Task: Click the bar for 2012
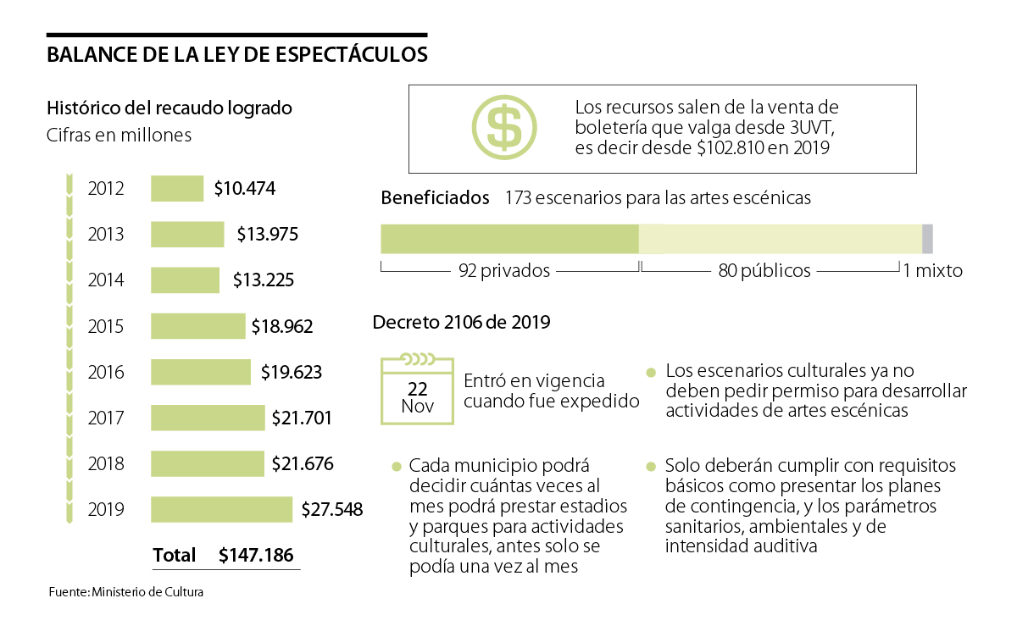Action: click(x=177, y=188)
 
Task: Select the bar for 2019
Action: click(x=221, y=509)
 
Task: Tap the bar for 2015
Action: click(x=197, y=326)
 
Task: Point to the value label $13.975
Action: click(x=267, y=234)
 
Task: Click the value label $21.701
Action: click(x=302, y=418)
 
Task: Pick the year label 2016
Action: click(x=106, y=372)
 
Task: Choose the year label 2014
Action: click(x=106, y=280)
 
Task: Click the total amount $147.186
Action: click(x=256, y=556)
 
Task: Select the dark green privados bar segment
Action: click(x=509, y=239)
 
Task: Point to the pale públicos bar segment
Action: click(x=780, y=239)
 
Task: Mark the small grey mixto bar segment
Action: click(x=927, y=239)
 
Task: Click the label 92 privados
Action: click(x=504, y=271)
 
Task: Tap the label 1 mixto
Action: click(x=933, y=271)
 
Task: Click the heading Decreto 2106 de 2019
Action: click(x=461, y=323)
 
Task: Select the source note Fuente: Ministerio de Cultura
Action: click(x=125, y=593)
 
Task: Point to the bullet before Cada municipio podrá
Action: click(x=396, y=467)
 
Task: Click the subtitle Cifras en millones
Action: click(x=119, y=136)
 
